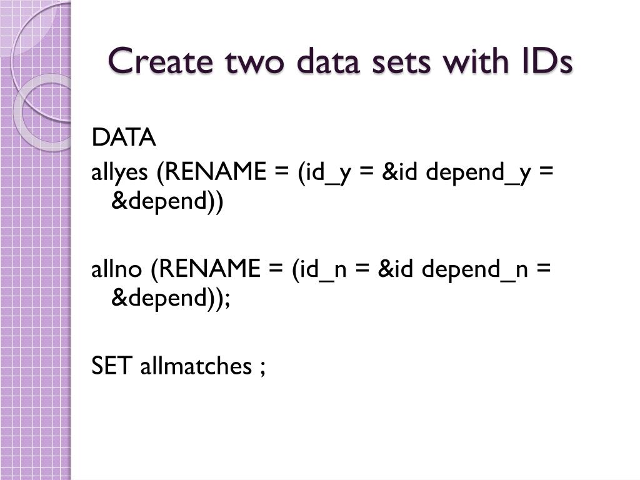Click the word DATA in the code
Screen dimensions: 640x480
124,138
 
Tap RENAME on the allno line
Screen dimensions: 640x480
210,269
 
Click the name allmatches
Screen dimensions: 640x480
194,366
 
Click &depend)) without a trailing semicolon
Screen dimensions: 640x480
166,203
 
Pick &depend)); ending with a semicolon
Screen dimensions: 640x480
171,299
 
